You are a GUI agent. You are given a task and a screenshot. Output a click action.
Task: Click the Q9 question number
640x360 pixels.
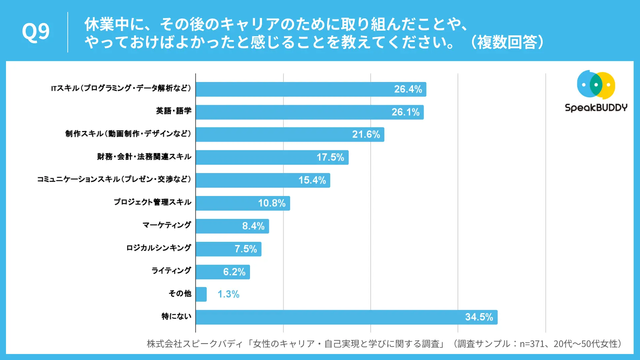point(36,32)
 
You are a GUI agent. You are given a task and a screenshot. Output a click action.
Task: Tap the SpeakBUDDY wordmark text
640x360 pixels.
point(596,108)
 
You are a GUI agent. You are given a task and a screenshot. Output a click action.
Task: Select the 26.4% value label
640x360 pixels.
point(408,89)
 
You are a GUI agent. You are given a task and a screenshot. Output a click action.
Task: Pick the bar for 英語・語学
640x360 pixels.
point(310,112)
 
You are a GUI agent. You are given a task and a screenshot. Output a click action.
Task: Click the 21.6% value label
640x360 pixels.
point(366,134)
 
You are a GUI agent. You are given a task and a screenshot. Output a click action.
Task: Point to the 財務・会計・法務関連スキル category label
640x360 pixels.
point(144,156)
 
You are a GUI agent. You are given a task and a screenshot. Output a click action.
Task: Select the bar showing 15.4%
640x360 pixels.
point(263,180)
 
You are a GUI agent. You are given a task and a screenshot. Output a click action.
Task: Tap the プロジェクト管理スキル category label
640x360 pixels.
point(153,202)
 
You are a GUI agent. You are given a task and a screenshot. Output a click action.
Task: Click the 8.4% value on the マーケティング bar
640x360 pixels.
point(253,226)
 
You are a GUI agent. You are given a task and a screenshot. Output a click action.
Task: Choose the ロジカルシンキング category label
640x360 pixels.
point(159,248)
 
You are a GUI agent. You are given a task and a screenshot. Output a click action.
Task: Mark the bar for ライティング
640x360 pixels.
point(223,272)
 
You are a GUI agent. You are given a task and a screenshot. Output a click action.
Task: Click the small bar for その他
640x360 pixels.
point(201,294)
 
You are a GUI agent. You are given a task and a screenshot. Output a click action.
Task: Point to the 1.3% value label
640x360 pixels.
point(228,294)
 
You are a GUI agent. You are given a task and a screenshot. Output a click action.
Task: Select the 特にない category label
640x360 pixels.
point(176,316)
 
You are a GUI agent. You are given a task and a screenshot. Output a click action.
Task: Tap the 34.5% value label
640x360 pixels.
point(479,317)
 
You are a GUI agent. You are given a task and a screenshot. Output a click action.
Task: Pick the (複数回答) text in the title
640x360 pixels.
point(507,42)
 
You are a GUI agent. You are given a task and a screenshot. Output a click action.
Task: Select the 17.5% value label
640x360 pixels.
point(330,157)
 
